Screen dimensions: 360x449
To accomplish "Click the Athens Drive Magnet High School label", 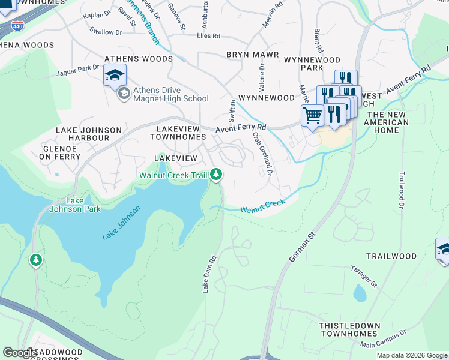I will coord(170,95).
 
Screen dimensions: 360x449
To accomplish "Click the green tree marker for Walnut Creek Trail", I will coord(216,175).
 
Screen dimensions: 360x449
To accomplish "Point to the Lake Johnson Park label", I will coord(75,205).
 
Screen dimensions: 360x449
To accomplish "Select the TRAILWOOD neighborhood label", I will coord(391,256).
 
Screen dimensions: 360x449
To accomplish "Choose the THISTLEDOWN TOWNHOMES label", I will coord(349,330).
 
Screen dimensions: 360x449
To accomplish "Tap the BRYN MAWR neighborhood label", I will coord(252,55).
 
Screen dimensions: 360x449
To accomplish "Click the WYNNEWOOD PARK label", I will coord(312,64).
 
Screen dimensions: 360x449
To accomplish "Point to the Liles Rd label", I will coord(208,36).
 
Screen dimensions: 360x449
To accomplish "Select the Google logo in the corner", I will coord(20,353).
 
